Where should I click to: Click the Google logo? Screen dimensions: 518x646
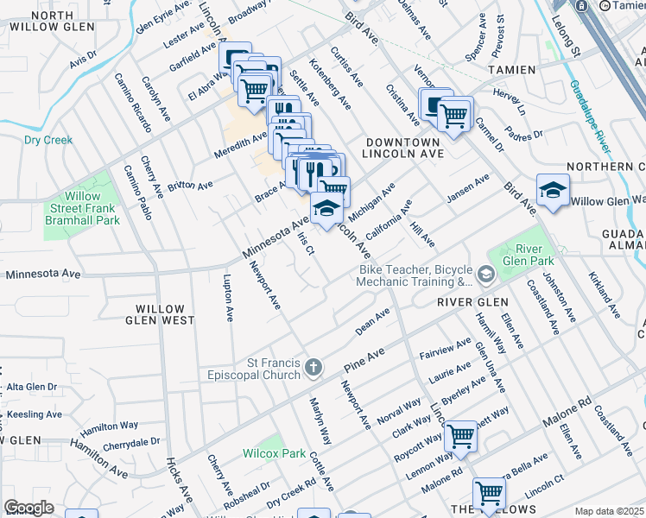(x=28, y=508)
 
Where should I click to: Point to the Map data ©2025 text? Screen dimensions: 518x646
(x=609, y=511)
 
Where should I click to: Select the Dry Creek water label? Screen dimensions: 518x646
(x=48, y=140)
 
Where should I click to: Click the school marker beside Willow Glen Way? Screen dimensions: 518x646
(x=552, y=191)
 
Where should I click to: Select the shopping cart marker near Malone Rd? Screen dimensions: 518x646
(x=489, y=493)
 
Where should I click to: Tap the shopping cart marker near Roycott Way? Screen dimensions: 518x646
(x=460, y=436)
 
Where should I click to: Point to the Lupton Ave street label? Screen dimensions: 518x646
(x=228, y=294)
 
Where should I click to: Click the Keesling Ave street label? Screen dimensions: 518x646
(x=35, y=414)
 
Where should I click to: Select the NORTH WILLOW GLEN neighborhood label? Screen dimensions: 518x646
(x=41, y=22)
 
